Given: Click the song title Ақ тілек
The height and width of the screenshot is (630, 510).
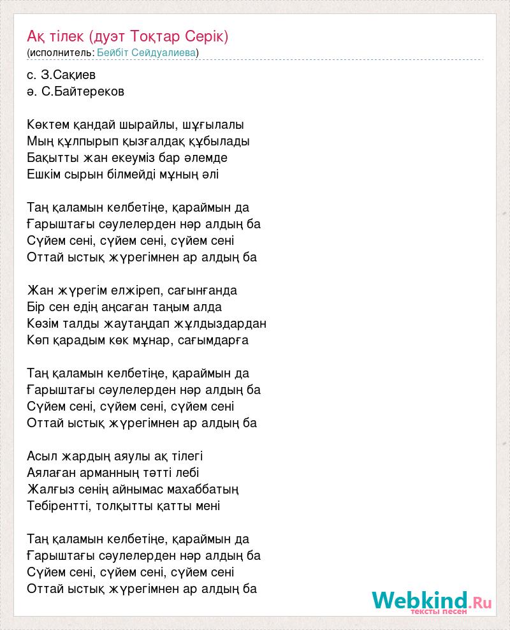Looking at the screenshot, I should tap(57, 36).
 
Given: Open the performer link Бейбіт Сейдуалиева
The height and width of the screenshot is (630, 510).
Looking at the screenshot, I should tap(146, 52).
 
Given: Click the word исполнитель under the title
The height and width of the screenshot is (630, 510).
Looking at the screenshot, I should tap(61, 52).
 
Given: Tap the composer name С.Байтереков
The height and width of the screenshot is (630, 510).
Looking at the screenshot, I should tap(83, 91).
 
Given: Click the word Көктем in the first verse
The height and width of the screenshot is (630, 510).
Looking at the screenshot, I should tap(47, 124).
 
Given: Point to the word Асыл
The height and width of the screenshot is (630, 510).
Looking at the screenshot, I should tap(41, 456).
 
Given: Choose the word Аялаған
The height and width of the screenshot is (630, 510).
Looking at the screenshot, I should tap(54, 472).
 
